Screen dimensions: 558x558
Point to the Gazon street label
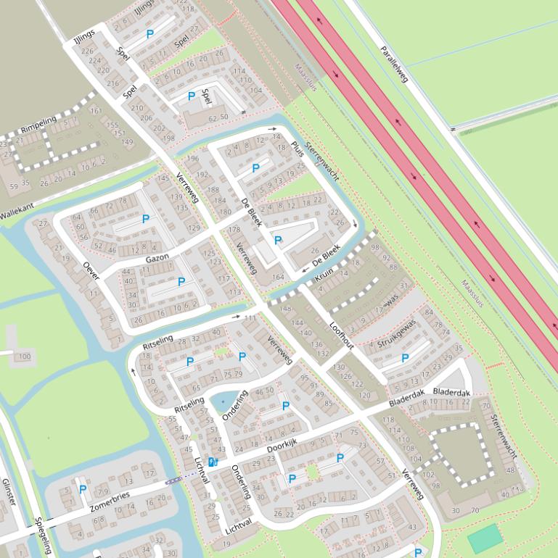point(157,258)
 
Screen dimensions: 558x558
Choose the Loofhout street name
point(341,335)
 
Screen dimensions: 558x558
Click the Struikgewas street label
point(396,333)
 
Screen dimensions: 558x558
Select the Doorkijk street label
point(282,449)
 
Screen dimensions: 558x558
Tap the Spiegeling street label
point(42,536)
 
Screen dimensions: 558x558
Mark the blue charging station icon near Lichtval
point(212,462)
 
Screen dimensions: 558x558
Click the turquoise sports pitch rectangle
point(485,538)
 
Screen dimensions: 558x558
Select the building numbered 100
point(25,357)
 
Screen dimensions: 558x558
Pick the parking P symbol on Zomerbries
point(83,490)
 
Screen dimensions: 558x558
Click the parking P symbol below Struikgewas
point(405,358)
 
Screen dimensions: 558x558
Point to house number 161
point(95,111)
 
